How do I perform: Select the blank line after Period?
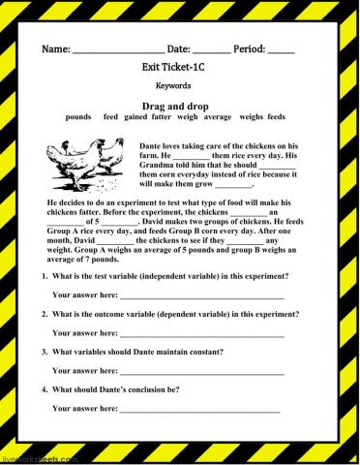pos(281,51)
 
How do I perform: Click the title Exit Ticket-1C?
pos(180,70)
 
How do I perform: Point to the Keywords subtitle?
pos(180,87)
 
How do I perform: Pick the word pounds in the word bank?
pos(78,116)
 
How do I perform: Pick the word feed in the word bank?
pos(110,116)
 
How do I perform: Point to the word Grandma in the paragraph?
pos(263,156)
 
